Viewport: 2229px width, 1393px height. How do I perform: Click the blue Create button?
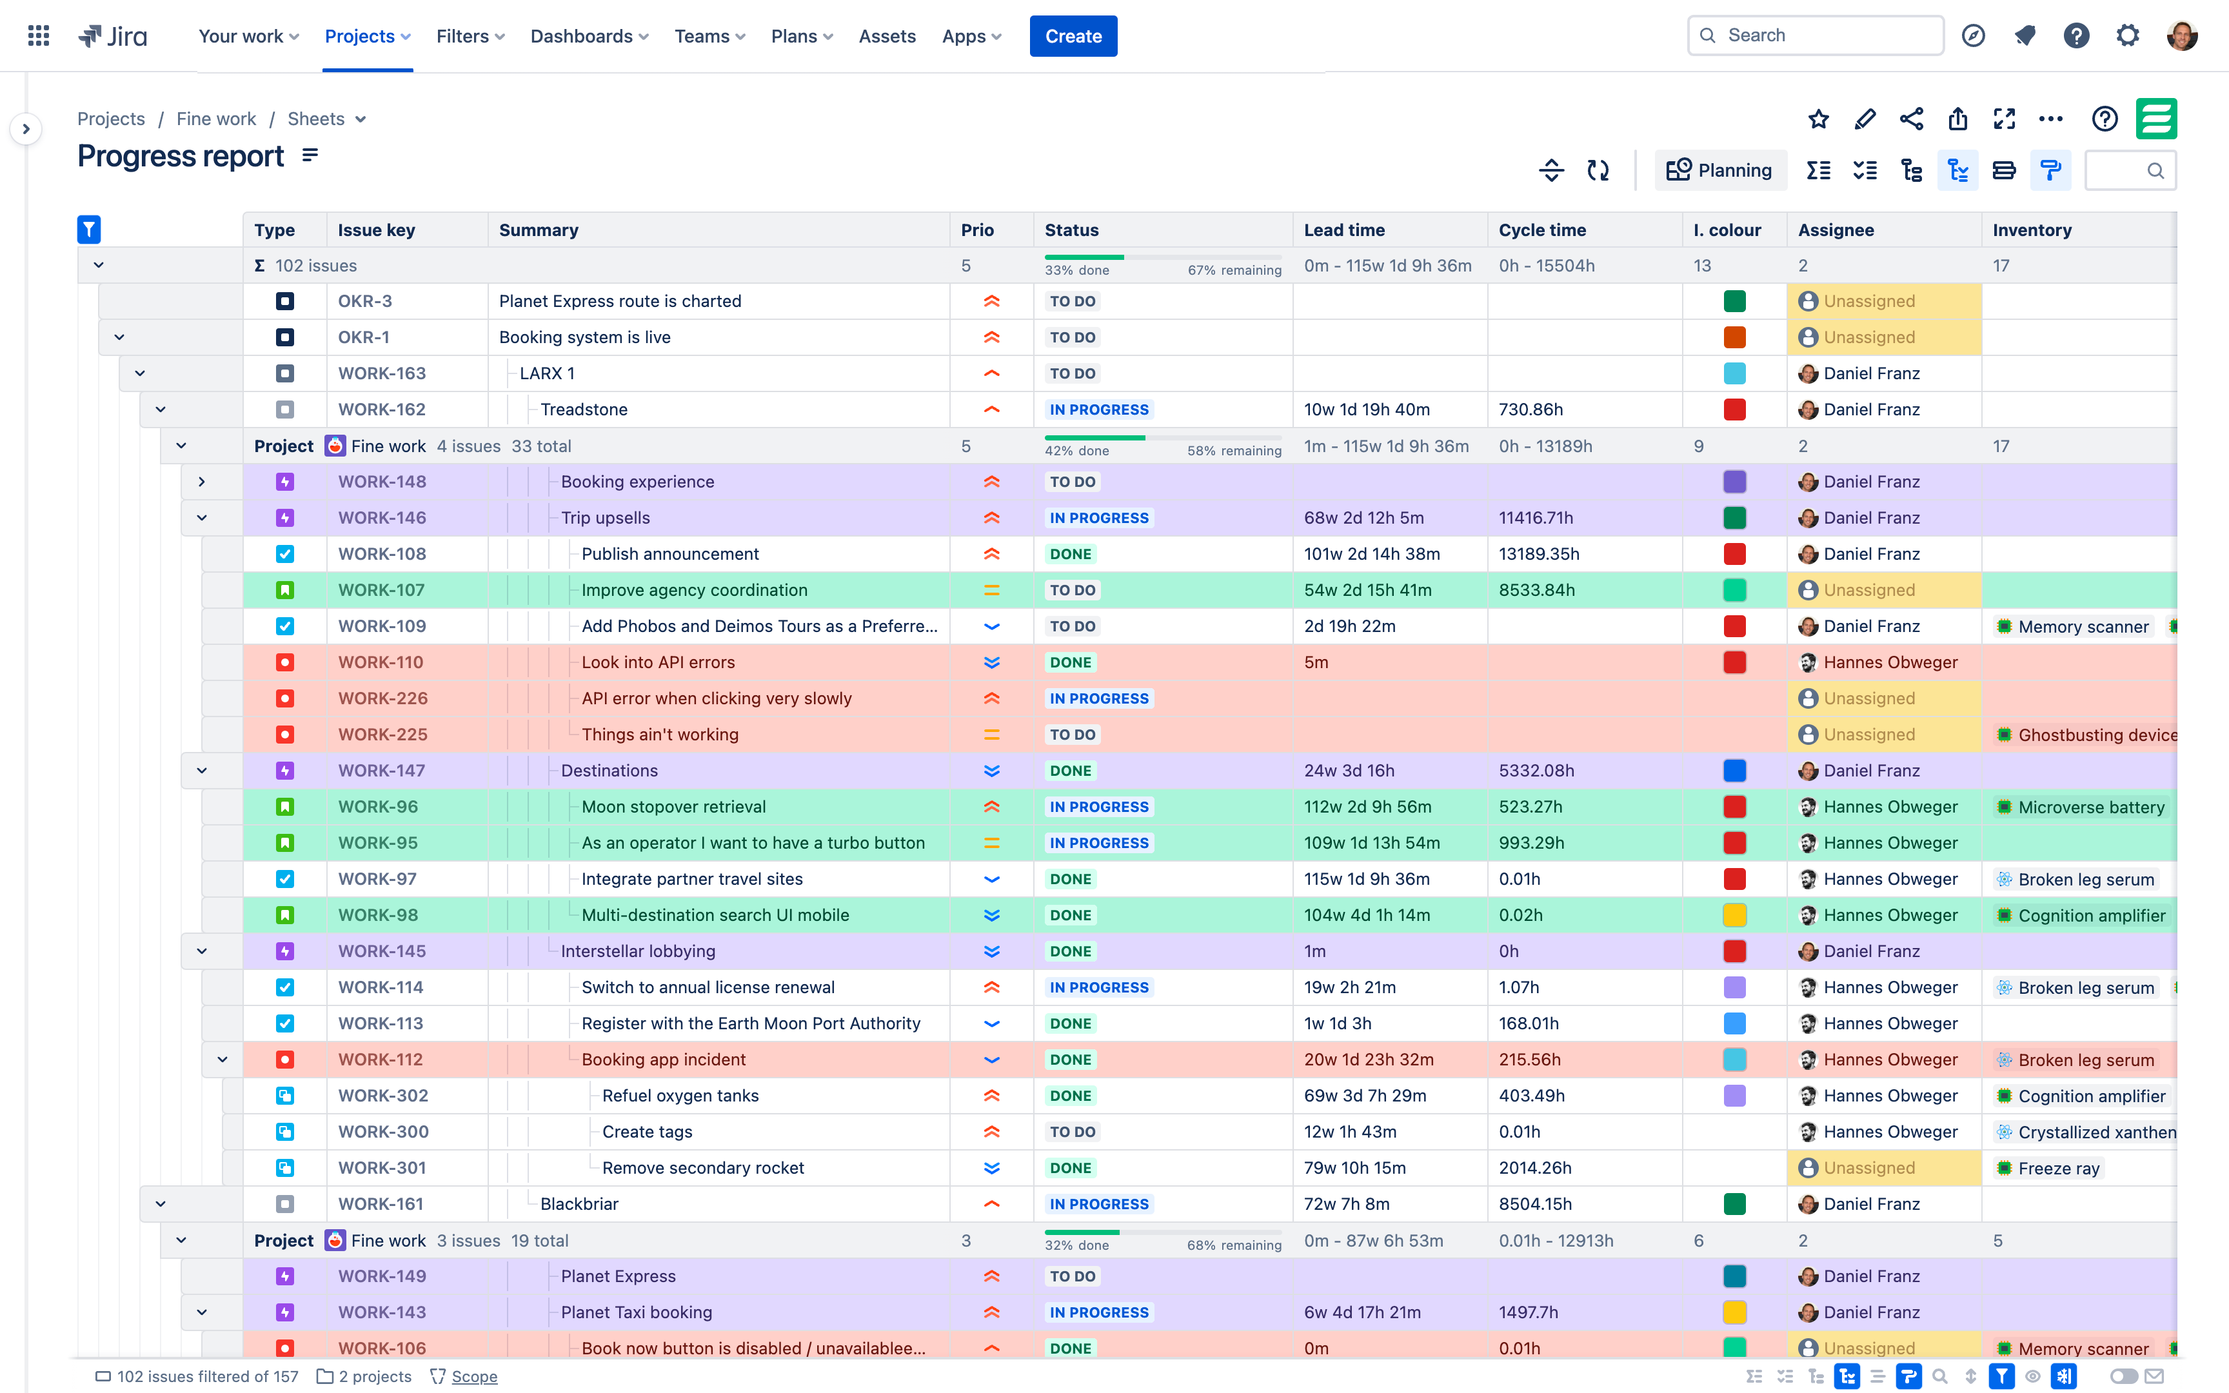(1073, 36)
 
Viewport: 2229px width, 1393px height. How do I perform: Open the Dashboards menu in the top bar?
(589, 36)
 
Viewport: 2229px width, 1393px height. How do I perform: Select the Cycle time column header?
(1542, 230)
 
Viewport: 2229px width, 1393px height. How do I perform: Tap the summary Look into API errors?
(658, 662)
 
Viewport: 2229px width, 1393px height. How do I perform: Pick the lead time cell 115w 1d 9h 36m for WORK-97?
(1366, 879)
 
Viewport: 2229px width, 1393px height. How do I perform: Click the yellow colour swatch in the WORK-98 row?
(1734, 915)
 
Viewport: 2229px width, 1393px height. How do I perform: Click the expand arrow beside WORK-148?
(202, 482)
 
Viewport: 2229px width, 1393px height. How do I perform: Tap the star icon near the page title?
(1818, 119)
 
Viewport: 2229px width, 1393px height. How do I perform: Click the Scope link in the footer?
(473, 1376)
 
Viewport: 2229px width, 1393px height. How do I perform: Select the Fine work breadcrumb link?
(217, 119)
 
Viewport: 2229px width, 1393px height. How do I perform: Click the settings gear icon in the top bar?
(2126, 36)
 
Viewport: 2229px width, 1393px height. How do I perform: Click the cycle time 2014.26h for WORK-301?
(1534, 1168)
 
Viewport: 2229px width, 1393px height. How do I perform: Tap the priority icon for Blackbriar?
(991, 1204)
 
